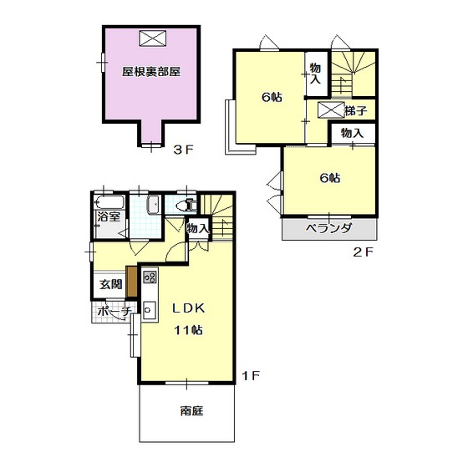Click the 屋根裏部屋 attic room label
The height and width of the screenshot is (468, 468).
tap(151, 72)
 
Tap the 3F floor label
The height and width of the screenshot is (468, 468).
tap(184, 150)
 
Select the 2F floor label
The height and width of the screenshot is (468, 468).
tap(363, 252)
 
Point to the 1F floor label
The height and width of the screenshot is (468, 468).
tap(251, 375)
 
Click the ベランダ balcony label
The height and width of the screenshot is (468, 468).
tap(328, 228)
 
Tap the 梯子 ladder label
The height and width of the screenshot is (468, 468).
tap(355, 110)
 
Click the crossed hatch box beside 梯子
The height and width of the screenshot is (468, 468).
tap(331, 109)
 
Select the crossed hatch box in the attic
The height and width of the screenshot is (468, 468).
tap(152, 38)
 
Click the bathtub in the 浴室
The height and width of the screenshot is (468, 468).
tap(109, 202)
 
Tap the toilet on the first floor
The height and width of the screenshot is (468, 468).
tap(186, 206)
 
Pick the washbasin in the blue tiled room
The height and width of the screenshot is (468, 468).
tap(154, 205)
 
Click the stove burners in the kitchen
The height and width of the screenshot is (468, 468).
tap(150, 277)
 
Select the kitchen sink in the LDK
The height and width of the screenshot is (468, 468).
tap(150, 310)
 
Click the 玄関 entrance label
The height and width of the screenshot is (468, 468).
tap(110, 284)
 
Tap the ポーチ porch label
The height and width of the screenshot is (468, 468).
tap(114, 312)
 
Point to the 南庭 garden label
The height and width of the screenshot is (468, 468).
tap(192, 411)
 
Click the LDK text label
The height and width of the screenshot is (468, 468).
tap(189, 308)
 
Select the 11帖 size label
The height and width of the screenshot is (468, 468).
tap(189, 330)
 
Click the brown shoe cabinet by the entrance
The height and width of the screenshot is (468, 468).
tap(131, 281)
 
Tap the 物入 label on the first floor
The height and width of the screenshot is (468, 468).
tap(197, 229)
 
